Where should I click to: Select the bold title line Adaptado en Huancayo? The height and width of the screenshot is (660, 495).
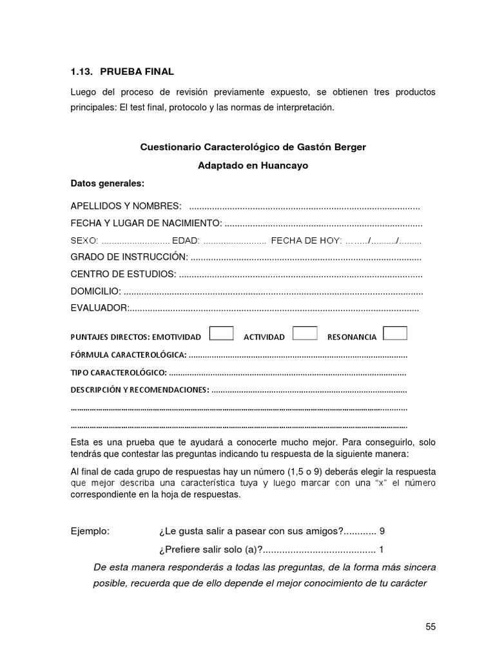coord(253,166)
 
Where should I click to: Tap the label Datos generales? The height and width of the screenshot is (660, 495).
coord(107,183)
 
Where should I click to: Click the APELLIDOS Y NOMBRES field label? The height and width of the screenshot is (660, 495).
coord(126,206)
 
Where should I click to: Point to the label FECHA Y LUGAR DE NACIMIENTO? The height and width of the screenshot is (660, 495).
coord(146,223)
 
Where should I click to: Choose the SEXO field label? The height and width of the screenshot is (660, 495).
coord(84,240)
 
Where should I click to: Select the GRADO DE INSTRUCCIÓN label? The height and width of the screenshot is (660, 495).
coord(129,257)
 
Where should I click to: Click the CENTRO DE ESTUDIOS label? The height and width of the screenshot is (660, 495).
coord(123,274)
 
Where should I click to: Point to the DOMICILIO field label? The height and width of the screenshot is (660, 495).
coord(95,291)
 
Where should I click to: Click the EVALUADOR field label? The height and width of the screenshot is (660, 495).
coord(100,308)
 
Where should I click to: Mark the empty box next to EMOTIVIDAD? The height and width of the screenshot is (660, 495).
coord(222,333)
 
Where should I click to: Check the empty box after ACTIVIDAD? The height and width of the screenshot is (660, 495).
coord(305,333)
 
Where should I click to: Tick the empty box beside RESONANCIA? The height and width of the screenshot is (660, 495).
coord(394,333)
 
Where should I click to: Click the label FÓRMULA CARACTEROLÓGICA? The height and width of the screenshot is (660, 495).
coord(128,355)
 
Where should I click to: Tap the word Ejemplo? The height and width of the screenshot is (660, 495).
coord(90,531)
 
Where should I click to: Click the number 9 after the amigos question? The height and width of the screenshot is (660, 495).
coord(382,531)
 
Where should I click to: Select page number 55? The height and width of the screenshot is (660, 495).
coord(431,627)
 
